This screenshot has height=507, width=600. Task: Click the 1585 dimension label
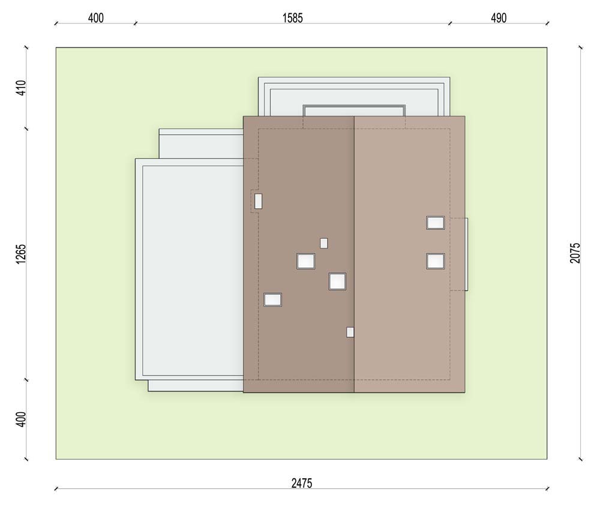point(293,18)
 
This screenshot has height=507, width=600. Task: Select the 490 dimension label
point(499,18)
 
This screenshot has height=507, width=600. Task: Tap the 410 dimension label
point(22,88)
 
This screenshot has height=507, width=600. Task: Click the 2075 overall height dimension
point(575,253)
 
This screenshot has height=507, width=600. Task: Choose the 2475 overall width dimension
point(302,484)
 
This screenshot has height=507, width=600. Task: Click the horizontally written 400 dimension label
point(95,18)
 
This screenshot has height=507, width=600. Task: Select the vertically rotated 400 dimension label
point(22,420)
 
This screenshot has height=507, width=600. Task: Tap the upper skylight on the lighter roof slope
point(436,223)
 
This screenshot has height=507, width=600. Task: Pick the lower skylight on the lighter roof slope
point(436,262)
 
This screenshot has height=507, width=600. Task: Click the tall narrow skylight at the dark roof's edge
point(258,201)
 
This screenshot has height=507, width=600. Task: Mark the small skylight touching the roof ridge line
point(350,332)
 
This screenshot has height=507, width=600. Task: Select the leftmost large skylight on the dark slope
point(273,299)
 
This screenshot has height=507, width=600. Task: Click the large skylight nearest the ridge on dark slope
point(337,281)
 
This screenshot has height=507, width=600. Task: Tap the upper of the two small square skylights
point(324,244)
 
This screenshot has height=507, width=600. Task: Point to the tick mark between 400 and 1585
point(134,23)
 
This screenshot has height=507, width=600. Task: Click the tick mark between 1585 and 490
point(450,23)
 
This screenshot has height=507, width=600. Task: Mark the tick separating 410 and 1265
point(26,129)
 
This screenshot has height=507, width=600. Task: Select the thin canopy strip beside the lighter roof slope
point(466,254)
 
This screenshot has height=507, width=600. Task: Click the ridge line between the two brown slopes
point(355,254)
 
